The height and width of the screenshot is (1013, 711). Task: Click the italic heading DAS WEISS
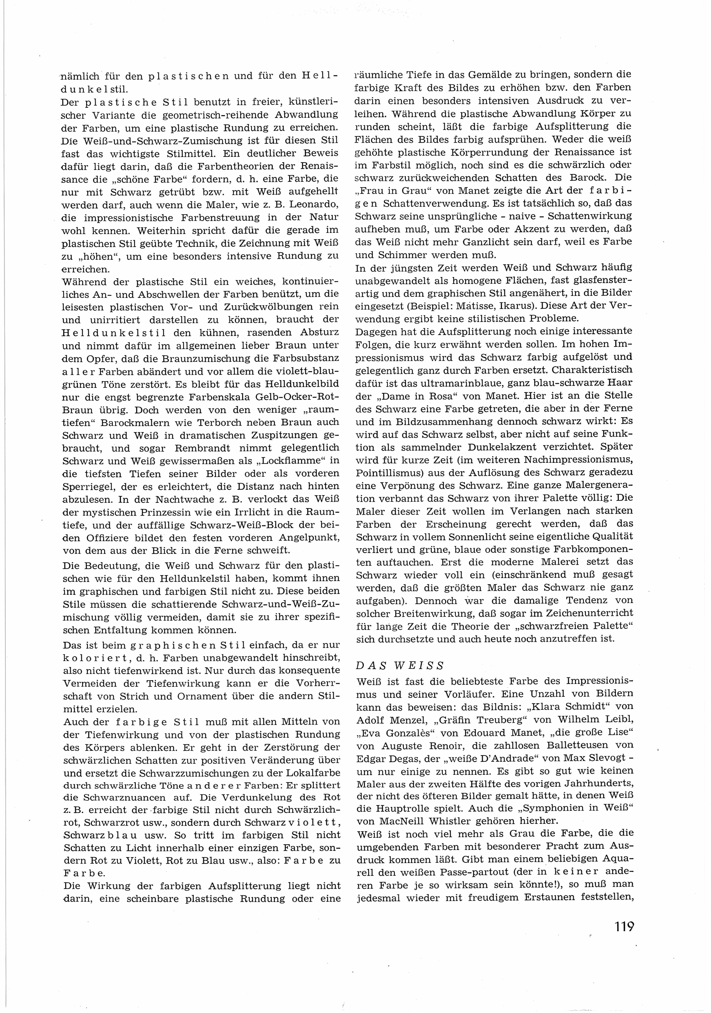point(400,665)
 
